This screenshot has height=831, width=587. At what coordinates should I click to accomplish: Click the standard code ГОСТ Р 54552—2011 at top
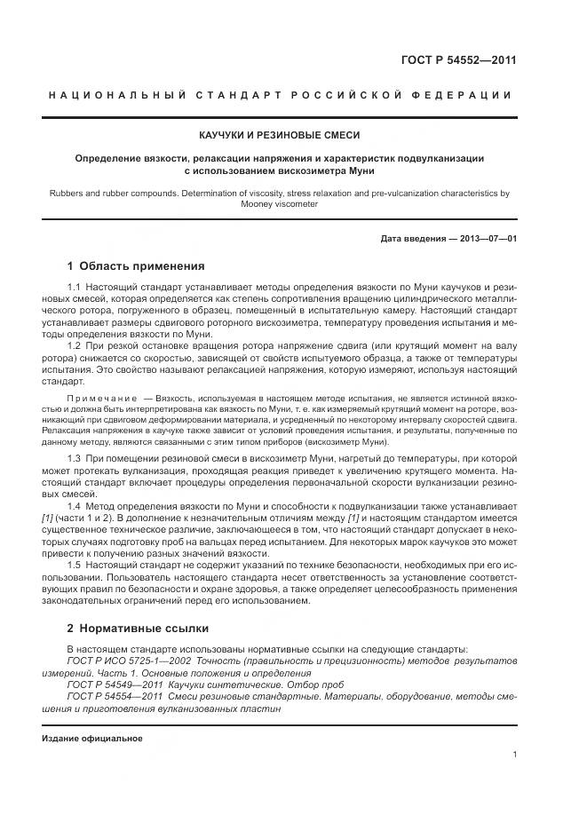(x=459, y=61)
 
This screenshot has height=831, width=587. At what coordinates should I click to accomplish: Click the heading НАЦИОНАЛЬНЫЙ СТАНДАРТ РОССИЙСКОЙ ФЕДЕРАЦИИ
(x=280, y=95)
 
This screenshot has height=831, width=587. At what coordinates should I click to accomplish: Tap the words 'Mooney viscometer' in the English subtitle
(x=280, y=203)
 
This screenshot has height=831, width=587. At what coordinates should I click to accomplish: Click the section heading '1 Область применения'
(x=136, y=265)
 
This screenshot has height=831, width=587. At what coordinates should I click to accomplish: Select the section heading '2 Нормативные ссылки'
(x=138, y=629)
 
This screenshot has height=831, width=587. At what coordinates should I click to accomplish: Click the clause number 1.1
(x=75, y=288)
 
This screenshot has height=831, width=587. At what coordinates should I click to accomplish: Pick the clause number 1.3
(x=75, y=457)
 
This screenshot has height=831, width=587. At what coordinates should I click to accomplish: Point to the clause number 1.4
(x=75, y=503)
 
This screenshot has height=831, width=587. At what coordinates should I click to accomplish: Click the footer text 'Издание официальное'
(x=91, y=739)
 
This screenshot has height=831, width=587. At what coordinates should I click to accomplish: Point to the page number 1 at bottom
(x=514, y=755)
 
